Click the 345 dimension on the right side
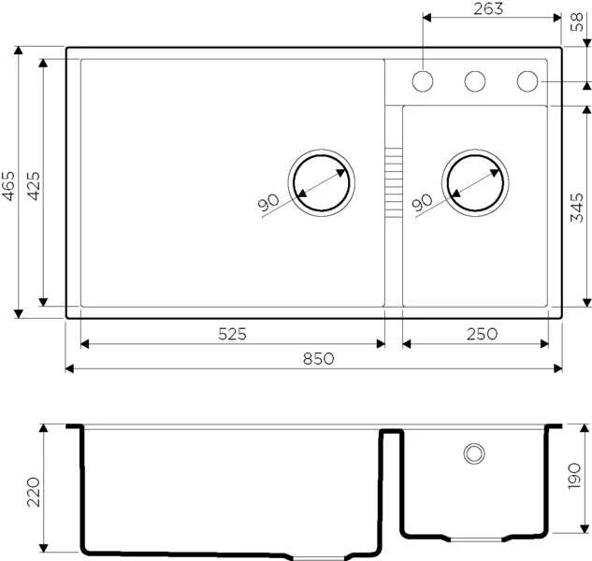pyautogui.click(x=579, y=207)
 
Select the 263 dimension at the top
pyautogui.click(x=487, y=9)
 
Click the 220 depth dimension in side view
pyautogui.click(x=34, y=490)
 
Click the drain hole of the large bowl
pyautogui.click(x=322, y=181)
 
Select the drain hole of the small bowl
pyautogui.click(x=478, y=181)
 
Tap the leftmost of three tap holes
pyautogui.click(x=423, y=81)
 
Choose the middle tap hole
pyautogui.click(x=475, y=81)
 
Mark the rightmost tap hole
pyautogui.click(x=528, y=81)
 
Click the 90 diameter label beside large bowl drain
pyautogui.click(x=269, y=202)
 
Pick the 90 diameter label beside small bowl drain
pyautogui.click(x=422, y=202)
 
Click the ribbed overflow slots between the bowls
pyautogui.click(x=394, y=181)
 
